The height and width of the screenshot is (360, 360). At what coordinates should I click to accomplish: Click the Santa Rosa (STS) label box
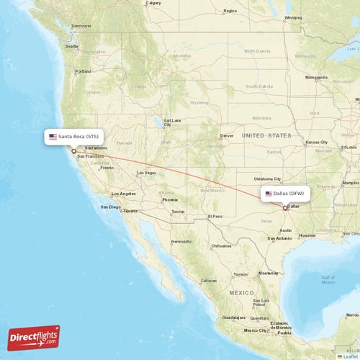tap(74, 136)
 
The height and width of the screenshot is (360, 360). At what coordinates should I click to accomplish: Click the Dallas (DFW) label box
tap(285, 194)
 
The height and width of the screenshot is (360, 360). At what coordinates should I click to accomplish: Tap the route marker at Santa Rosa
tap(73, 151)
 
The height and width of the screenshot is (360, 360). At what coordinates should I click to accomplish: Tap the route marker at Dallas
tap(286, 208)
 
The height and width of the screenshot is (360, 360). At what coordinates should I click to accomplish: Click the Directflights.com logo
tap(34, 337)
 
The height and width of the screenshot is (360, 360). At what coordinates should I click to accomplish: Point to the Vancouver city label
tap(82, 25)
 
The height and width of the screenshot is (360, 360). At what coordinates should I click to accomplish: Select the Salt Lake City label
tap(171, 122)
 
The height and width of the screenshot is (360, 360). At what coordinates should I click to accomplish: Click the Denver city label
tap(227, 135)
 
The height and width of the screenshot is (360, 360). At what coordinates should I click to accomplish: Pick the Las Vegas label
tap(145, 173)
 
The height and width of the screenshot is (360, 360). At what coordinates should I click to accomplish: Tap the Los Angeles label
tap(122, 194)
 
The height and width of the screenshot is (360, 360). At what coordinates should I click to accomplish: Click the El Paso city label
tap(215, 216)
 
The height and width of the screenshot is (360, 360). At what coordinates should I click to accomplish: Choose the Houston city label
tap(307, 235)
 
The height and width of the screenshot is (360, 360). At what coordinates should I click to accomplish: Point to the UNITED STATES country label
tap(266, 135)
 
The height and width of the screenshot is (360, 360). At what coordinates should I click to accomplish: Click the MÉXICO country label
tap(241, 293)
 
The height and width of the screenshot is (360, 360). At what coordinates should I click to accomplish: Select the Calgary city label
tap(153, 3)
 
